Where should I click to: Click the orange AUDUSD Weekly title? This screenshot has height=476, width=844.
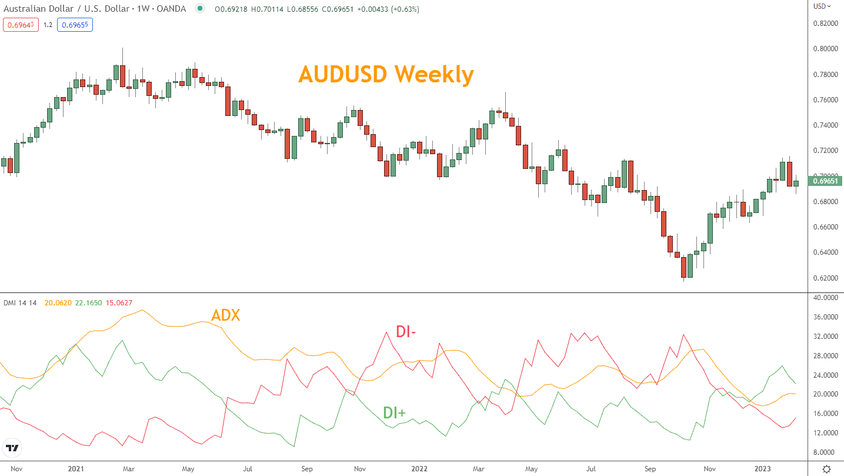385,75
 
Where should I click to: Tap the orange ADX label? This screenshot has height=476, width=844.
225,315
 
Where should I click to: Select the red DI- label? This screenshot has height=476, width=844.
406,332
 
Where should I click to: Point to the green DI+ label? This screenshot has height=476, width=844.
394,412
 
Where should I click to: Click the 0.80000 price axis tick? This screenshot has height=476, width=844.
825,49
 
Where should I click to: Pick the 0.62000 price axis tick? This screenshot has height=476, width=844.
825,278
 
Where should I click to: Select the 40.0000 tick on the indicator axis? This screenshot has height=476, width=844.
825,298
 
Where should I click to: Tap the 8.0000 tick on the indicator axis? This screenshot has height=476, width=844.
826,452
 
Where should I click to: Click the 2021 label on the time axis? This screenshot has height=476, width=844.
76,469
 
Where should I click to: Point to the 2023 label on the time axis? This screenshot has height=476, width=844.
763,469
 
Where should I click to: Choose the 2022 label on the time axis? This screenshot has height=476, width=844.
419,469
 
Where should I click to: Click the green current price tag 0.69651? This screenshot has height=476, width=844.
825,181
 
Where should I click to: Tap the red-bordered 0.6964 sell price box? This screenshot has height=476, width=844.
21,25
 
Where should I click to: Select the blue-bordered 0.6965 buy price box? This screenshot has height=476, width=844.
75,25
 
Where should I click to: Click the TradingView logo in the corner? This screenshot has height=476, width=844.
12,448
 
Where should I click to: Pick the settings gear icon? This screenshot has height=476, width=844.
826,469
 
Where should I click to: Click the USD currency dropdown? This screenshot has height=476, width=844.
822,6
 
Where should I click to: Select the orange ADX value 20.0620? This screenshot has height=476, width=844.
58,303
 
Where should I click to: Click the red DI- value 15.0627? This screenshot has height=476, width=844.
119,303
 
